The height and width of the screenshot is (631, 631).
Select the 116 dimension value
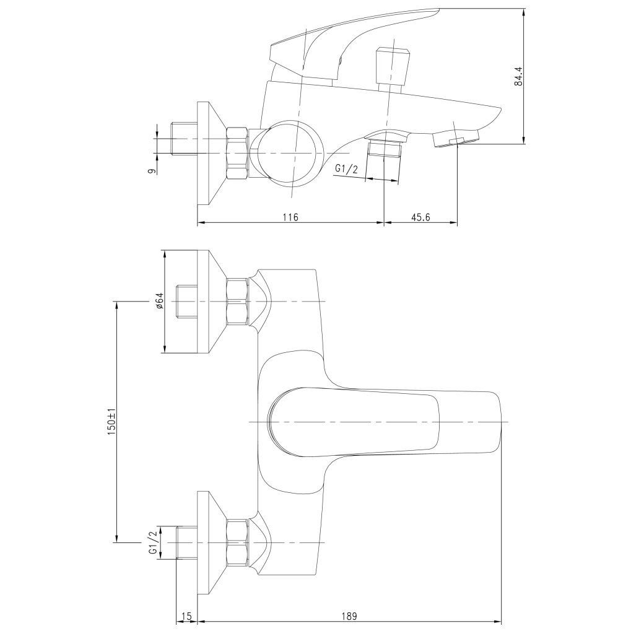[x=290, y=217]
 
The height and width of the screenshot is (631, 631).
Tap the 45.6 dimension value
[x=420, y=217]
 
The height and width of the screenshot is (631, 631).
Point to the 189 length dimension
[x=350, y=616]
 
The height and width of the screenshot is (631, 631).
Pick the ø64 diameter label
[x=159, y=302]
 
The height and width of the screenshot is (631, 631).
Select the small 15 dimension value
[x=186, y=616]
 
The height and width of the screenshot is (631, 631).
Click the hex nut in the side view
[x=237, y=152]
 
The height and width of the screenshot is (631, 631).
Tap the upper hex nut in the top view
[x=237, y=302]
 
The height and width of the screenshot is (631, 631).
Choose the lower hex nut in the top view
[x=237, y=542]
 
